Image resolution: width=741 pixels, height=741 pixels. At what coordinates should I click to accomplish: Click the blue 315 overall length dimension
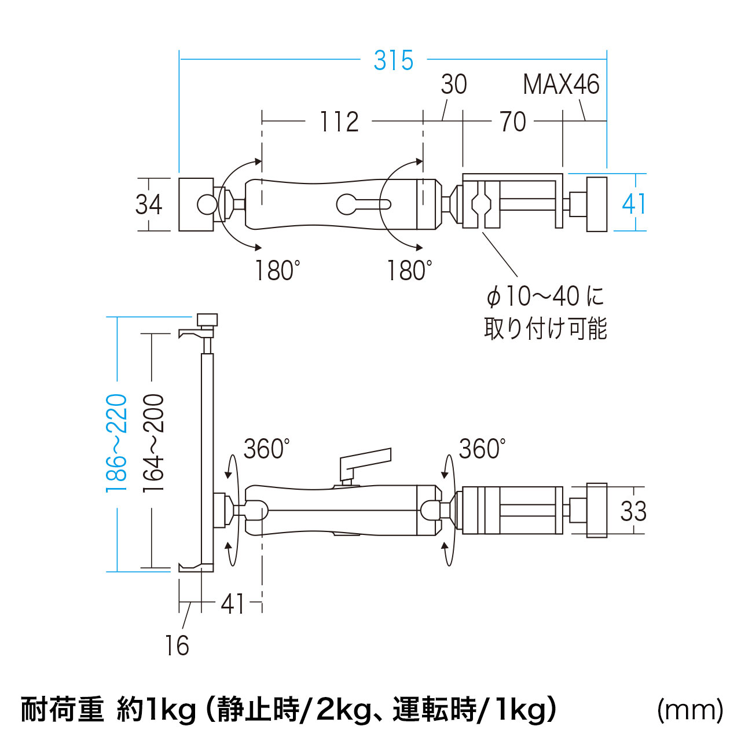394,61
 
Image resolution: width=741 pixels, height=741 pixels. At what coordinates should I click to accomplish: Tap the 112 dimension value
339,122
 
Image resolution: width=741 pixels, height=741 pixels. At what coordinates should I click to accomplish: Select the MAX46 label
560,85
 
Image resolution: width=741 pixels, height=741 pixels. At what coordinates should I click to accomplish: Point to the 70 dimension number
513,122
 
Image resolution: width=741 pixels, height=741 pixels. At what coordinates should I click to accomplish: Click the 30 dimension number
453,85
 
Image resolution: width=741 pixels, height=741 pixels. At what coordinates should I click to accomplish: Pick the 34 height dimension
149,204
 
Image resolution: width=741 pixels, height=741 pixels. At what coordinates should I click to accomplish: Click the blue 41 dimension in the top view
633,204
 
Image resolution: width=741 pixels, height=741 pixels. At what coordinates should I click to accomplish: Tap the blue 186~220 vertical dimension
116,443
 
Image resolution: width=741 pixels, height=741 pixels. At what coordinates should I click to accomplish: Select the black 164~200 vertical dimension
154,443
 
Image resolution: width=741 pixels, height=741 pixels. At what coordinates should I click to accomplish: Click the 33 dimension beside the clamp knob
633,511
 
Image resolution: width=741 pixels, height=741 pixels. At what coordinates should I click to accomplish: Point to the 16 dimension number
177,645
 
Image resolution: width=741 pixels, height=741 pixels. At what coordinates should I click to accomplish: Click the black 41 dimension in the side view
233,604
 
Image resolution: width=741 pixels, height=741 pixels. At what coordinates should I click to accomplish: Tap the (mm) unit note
690,710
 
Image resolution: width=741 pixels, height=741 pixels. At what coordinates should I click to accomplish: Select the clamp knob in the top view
597,204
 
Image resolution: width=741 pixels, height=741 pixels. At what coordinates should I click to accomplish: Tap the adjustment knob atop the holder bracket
207,320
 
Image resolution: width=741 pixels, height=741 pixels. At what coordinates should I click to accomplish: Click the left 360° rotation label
266,449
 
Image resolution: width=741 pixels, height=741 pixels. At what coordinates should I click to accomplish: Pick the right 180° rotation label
409,270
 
